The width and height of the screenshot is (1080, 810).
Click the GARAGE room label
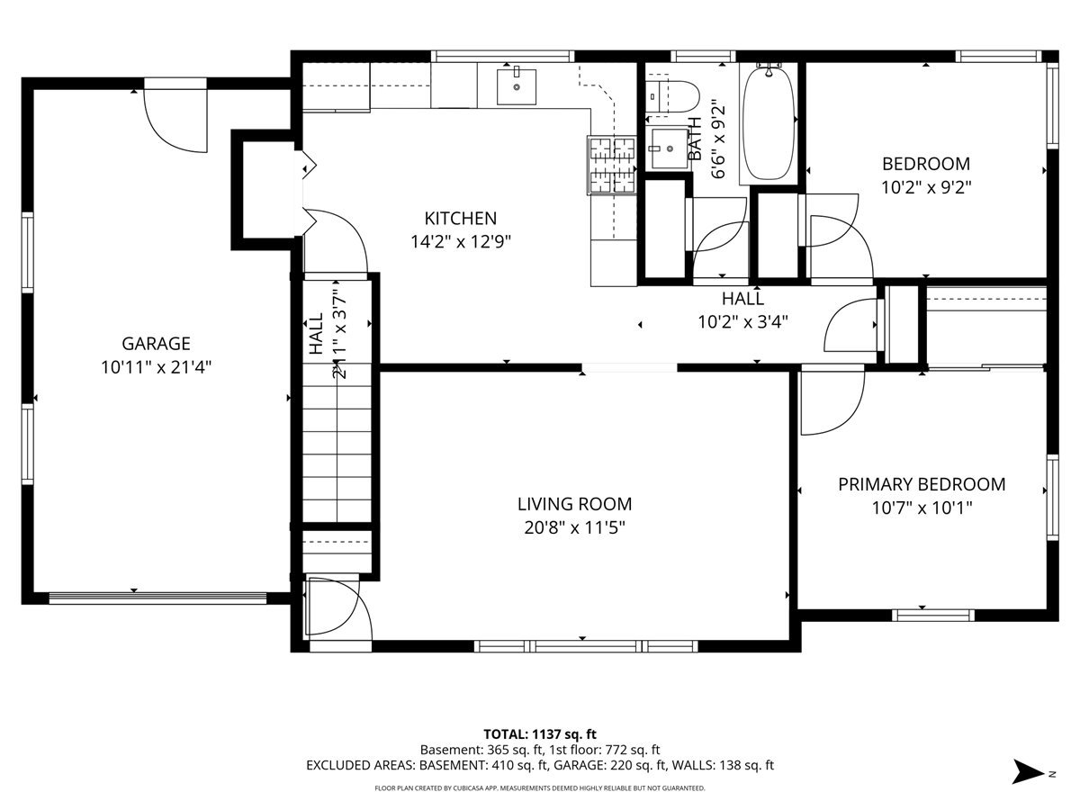click(156, 343)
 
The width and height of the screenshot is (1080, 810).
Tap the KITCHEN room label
click(461, 219)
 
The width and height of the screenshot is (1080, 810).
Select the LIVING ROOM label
click(575, 504)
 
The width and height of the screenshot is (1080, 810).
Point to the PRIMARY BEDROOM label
click(922, 484)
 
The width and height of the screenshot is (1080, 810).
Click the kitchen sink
click(516, 86)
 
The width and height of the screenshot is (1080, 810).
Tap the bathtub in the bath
click(768, 123)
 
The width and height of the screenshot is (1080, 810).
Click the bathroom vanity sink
click(670, 148)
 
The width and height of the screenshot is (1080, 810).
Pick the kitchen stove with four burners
click(612, 166)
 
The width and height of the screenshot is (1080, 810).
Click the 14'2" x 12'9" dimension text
click(461, 242)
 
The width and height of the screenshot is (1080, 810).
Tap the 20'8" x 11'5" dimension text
click(575, 528)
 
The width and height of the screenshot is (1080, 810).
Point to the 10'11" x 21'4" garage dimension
click(156, 367)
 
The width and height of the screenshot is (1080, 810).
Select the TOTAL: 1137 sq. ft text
click(540, 734)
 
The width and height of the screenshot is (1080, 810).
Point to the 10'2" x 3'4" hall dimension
click(743, 322)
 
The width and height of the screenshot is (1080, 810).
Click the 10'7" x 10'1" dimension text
click(922, 508)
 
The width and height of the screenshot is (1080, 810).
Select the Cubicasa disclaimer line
click(540, 788)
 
